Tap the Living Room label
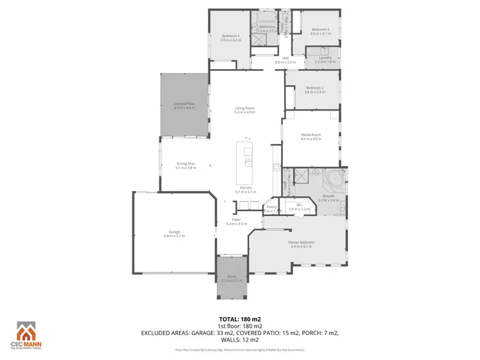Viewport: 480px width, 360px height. pyautogui.click(x=245, y=110)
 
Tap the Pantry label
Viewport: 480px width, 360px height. pyautogui.click(x=271, y=207)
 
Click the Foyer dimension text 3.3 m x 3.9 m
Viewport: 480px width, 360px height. pyautogui.click(x=237, y=224)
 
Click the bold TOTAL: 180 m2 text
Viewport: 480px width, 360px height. pyautogui.click(x=240, y=318)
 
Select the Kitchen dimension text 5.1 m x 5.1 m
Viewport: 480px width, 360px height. pyautogui.click(x=245, y=192)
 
